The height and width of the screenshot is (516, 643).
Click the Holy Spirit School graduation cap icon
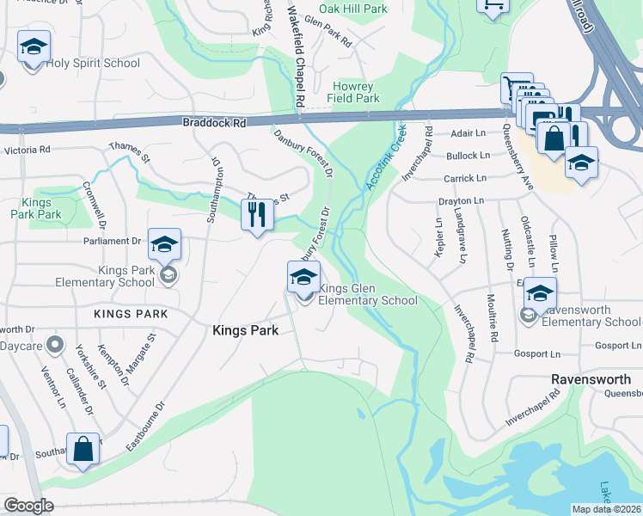click(x=34, y=48)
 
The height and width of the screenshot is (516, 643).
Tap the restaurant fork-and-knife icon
click(x=255, y=216)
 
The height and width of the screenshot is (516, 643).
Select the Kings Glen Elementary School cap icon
click(x=303, y=277)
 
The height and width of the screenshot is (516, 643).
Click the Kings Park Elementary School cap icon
click(x=164, y=245)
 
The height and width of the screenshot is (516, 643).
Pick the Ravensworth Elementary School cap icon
click(x=540, y=293)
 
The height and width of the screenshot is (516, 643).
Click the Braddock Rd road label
click(x=214, y=123)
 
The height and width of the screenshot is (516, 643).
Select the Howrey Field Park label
click(x=354, y=92)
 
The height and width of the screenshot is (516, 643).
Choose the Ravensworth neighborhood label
click(x=591, y=378)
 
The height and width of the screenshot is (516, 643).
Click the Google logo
click(x=28, y=506)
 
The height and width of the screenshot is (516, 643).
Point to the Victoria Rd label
click(x=27, y=150)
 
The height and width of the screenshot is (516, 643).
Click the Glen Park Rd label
click(x=328, y=34)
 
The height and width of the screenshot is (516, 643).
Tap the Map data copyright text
click(x=607, y=508)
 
